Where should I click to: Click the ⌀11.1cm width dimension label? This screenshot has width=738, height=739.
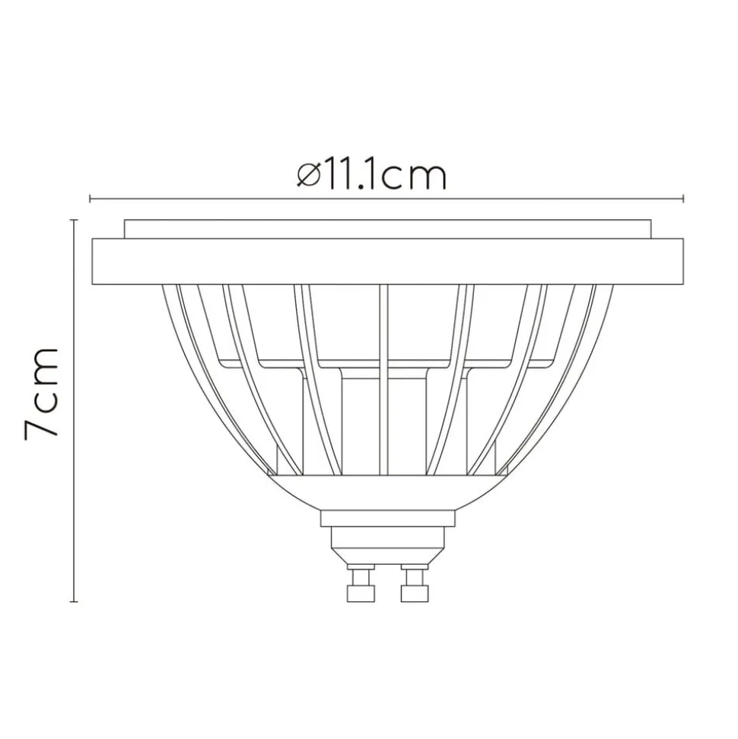[371, 175]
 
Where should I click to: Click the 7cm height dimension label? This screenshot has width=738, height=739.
[43, 392]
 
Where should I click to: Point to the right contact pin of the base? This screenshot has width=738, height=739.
[414, 587]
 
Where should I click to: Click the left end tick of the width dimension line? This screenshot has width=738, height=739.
[91, 199]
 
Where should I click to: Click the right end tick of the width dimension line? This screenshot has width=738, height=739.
[683, 199]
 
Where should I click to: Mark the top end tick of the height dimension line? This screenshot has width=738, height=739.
[74, 220]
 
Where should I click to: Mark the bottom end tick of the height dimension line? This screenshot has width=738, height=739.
[74, 601]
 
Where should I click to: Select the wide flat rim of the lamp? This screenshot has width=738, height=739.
[387, 261]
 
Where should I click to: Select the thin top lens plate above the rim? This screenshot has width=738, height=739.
[387, 228]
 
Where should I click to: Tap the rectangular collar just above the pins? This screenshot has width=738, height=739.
[387, 519]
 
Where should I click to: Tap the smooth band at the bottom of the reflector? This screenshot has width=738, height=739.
[387, 491]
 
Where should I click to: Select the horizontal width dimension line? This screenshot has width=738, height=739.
[533, 199]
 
